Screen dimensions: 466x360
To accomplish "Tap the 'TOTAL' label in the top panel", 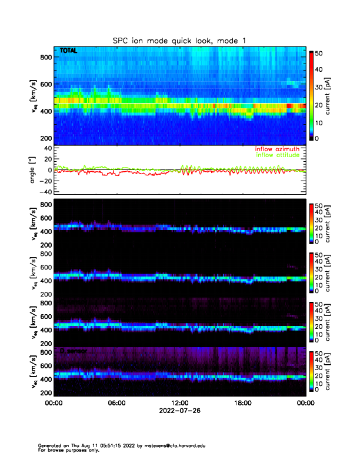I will pyautogui.click(x=68, y=52).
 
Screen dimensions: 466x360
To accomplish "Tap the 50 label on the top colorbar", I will pyautogui.click(x=319, y=52).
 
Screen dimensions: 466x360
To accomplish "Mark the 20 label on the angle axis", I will pyautogui.click(x=47, y=159).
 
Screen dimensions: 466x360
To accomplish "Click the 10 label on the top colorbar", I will pyautogui.click(x=319, y=122).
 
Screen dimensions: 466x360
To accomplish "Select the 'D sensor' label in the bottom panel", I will pyautogui.click(x=70, y=351).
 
